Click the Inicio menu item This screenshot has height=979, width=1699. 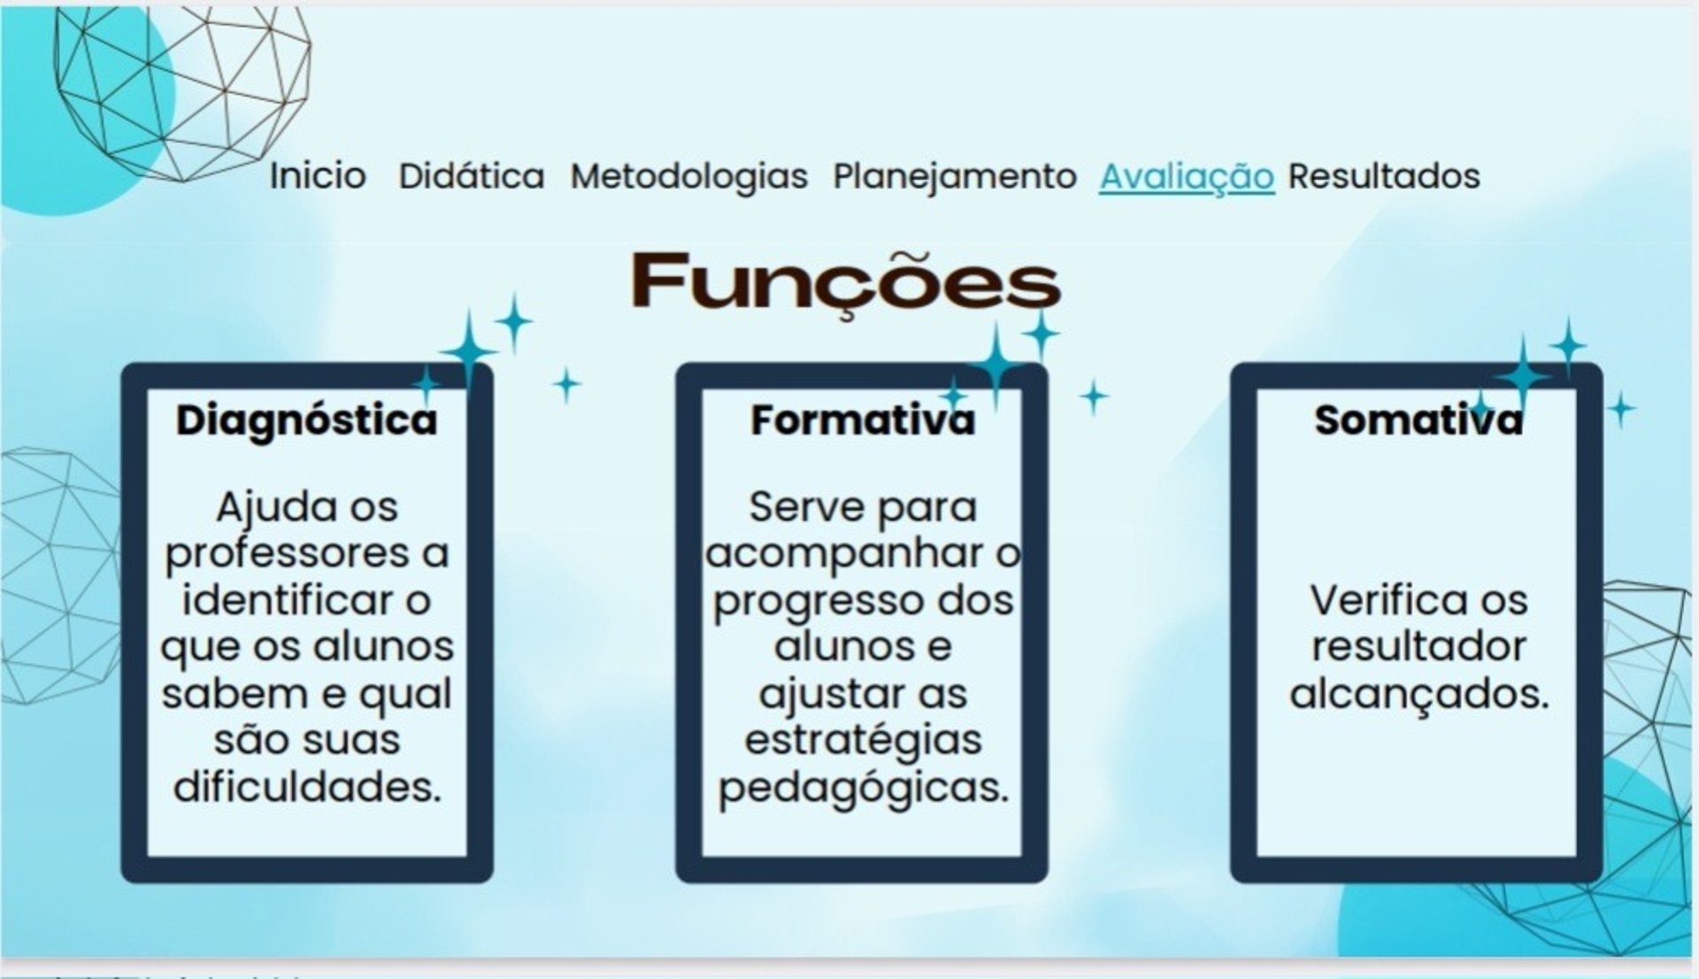click(x=317, y=176)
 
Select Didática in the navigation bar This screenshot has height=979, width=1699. click(x=471, y=176)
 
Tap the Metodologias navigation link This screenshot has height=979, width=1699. click(x=688, y=176)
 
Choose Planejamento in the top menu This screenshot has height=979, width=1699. click(x=954, y=176)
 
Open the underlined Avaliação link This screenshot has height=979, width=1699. click(x=1186, y=176)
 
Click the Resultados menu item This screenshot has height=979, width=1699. click(x=1383, y=176)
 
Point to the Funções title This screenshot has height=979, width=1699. click(x=845, y=281)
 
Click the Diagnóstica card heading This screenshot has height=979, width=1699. click(x=306, y=420)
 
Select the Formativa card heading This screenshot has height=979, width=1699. click(x=862, y=420)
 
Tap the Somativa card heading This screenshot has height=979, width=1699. click(x=1418, y=420)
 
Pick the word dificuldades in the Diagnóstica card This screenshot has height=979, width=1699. click(x=306, y=786)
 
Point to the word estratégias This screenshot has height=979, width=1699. click(x=863, y=740)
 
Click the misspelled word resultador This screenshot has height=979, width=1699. click(x=1418, y=646)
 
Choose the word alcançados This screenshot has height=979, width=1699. click(x=1418, y=694)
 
